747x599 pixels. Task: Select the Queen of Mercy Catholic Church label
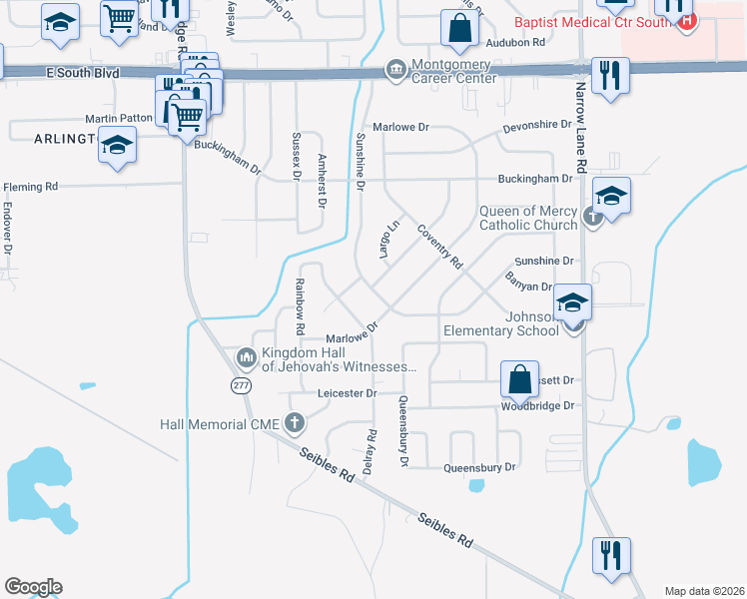(x=528, y=218)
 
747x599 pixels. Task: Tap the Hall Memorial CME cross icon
(x=294, y=424)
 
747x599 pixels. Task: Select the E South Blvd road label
(x=82, y=73)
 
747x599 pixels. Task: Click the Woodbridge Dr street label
(x=539, y=406)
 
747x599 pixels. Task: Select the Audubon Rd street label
(x=515, y=43)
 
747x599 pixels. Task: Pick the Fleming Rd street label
(x=31, y=187)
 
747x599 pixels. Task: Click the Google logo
(x=33, y=587)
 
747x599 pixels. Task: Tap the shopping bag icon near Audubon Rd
(x=458, y=30)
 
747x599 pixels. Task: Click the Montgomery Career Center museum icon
(x=395, y=70)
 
